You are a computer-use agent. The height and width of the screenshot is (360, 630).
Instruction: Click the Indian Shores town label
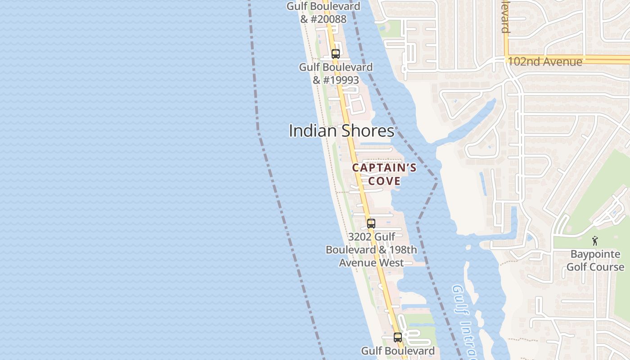(x=341, y=131)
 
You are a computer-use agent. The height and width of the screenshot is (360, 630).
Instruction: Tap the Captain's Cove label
(x=384, y=174)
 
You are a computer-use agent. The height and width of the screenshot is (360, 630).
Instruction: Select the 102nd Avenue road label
(x=545, y=62)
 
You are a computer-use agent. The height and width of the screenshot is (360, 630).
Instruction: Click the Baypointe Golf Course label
(x=595, y=261)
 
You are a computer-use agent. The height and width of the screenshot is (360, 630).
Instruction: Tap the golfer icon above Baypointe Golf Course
(x=595, y=241)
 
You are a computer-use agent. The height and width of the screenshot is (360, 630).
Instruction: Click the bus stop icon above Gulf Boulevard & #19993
(x=335, y=54)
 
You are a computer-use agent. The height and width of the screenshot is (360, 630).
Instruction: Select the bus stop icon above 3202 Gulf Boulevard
(x=371, y=223)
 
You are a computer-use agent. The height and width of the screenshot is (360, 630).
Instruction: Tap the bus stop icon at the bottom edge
(x=397, y=337)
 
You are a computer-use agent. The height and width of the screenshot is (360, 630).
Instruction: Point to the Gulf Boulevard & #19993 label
(x=336, y=73)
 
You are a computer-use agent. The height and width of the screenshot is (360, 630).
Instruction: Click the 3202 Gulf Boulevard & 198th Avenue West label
(x=371, y=250)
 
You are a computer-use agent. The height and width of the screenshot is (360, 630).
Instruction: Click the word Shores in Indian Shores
(x=367, y=131)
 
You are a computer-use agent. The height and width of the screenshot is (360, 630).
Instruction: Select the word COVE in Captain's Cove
(x=384, y=181)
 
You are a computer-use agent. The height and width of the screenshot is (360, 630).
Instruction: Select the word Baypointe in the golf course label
(x=595, y=254)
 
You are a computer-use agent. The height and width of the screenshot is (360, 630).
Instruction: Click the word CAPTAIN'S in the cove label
(x=384, y=168)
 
